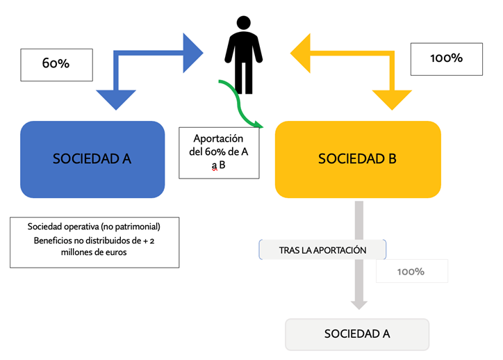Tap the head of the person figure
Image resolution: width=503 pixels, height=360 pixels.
click(243, 23)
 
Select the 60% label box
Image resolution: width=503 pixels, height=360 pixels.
click(56, 63)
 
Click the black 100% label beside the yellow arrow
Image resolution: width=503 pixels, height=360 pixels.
click(446, 58)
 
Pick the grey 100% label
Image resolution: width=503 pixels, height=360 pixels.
click(411, 271)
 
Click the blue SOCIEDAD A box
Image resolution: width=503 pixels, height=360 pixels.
click(92, 159)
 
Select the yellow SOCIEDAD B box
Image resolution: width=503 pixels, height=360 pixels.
click(357, 159)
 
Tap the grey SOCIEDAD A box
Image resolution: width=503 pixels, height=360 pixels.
click(357, 334)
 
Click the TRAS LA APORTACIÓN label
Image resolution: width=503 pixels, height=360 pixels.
click(322, 249)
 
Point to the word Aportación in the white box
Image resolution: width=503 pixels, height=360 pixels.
click(218, 139)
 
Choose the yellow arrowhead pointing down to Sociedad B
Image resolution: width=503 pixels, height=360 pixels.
click(392, 100)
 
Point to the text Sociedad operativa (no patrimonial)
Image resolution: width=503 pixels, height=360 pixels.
click(94, 227)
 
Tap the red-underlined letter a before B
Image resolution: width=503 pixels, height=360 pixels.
click(215, 165)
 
